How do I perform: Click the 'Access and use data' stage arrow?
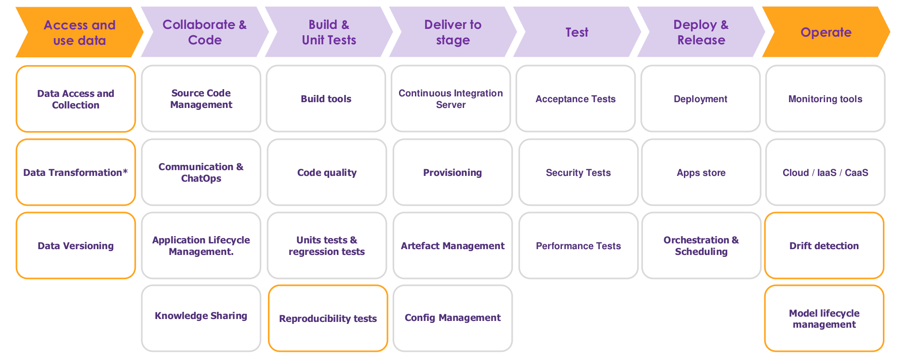[80, 32]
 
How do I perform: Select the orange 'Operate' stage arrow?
[826, 32]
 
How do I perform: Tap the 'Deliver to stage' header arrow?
[453, 32]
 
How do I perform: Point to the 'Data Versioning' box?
[76, 246]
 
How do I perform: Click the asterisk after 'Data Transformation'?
[125, 172]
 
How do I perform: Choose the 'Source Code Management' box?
[201, 99]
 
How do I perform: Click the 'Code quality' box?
[327, 173]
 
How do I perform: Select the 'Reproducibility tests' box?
[328, 319]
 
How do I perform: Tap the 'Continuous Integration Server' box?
[451, 99]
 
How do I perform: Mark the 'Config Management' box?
[453, 318]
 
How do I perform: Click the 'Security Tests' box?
[578, 173]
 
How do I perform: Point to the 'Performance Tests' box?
[578, 246]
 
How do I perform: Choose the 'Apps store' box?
[701, 173]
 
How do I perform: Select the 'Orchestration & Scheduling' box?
[701, 246]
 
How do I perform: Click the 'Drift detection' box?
[824, 246]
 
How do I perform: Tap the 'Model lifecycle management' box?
[824, 319]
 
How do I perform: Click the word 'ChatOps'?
[201, 178]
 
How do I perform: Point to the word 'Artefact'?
[420, 246]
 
